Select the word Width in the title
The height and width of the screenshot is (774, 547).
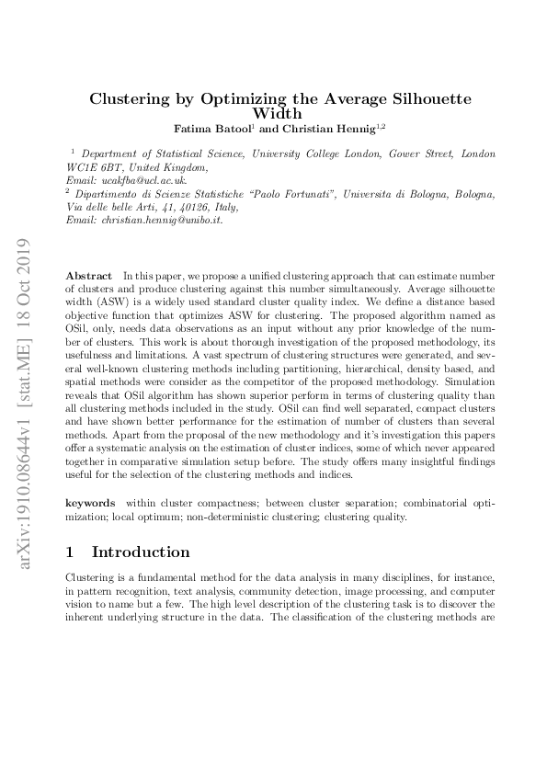coord(273,113)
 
